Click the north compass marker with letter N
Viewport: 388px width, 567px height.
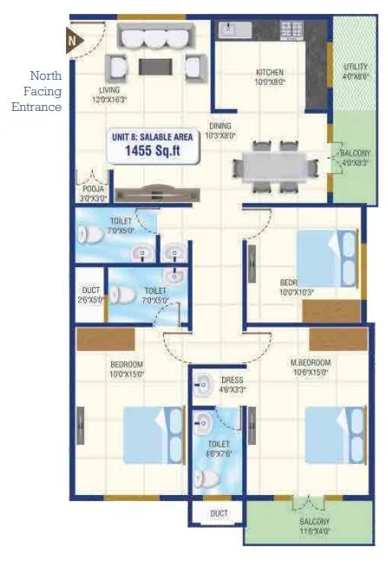tap(73, 37)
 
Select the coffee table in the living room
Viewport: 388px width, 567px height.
tap(159, 66)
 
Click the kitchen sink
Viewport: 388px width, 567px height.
tap(232, 31)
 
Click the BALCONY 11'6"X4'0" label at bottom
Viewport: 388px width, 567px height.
tap(314, 525)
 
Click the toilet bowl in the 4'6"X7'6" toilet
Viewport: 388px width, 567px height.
tap(206, 478)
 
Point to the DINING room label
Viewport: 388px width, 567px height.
tap(220, 129)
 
